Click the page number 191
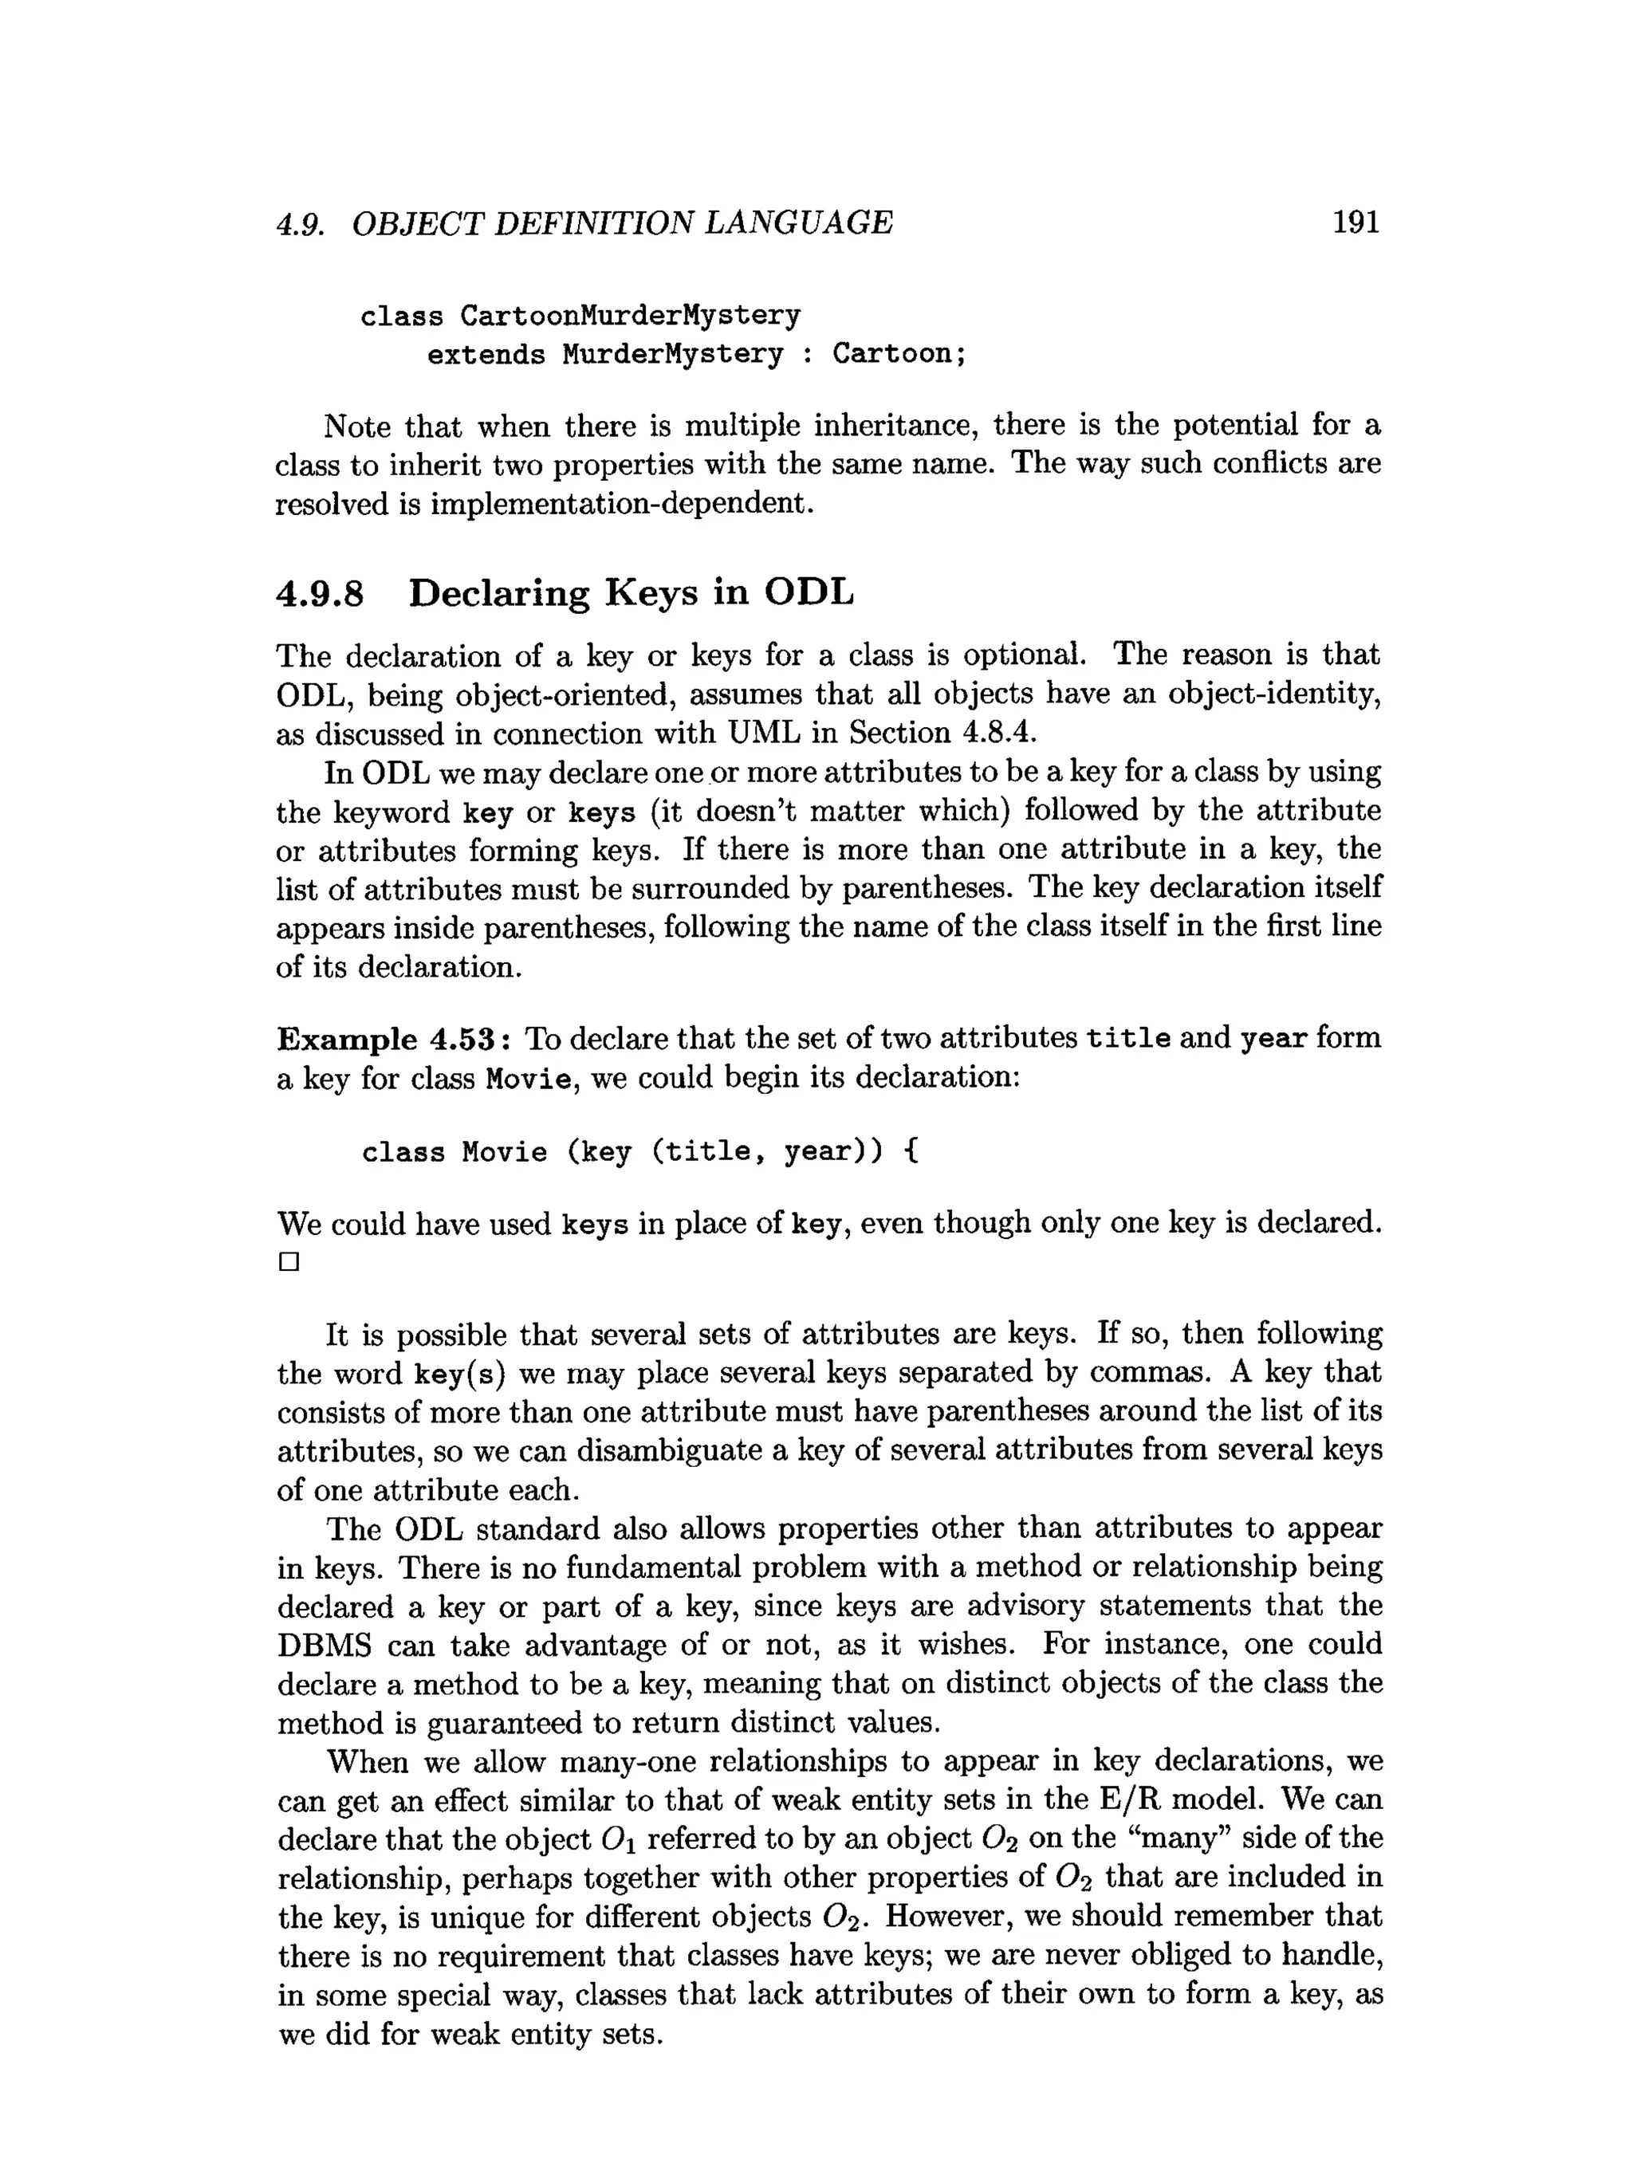pyautogui.click(x=1356, y=223)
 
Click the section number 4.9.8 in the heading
pyautogui.click(x=320, y=593)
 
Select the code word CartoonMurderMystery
pyautogui.click(x=630, y=316)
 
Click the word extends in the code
pyautogui.click(x=486, y=354)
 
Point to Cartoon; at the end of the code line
pyautogui.click(x=899, y=354)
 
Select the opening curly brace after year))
pyautogui.click(x=911, y=1152)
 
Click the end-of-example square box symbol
pyautogui.click(x=289, y=1262)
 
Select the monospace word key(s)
pyautogui.click(x=458, y=1374)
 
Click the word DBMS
pyautogui.click(x=324, y=1645)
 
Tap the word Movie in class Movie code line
pyautogui.click(x=505, y=1152)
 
